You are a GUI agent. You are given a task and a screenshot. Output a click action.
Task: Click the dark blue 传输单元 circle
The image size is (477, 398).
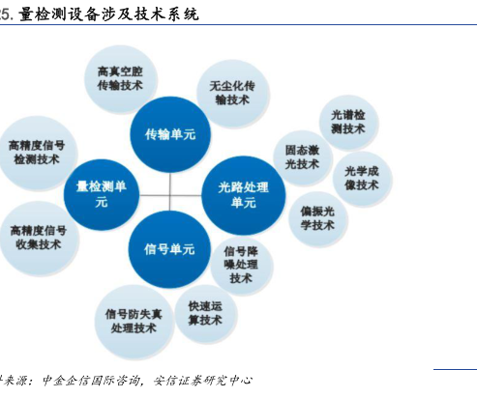pyautogui.click(x=170, y=134)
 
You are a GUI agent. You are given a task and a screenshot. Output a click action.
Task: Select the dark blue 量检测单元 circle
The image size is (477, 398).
pyautogui.click(x=102, y=194)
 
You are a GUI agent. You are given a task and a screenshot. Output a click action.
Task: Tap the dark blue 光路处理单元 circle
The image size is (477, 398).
pyautogui.click(x=244, y=195)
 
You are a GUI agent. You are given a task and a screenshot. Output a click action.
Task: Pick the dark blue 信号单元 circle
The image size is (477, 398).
pyautogui.click(x=169, y=249)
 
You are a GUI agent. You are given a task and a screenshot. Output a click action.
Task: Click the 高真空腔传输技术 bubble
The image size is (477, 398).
pyautogui.click(x=121, y=79)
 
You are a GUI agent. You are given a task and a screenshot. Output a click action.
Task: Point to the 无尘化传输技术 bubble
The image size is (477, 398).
pyautogui.click(x=233, y=94)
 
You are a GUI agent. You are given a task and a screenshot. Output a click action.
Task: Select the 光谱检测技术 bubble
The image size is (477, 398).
pyautogui.click(x=348, y=123)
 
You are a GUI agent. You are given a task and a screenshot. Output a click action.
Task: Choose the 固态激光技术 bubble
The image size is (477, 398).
pyautogui.click(x=303, y=157)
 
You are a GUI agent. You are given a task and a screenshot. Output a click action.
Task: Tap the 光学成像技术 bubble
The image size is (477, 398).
pyautogui.click(x=362, y=179)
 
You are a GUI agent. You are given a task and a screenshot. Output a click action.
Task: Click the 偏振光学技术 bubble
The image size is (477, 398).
pyautogui.click(x=318, y=219)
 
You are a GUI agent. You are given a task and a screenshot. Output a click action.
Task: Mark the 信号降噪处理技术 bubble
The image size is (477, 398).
pyautogui.click(x=242, y=266)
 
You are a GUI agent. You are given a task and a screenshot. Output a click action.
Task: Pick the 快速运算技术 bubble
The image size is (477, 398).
pyautogui.click(x=206, y=314)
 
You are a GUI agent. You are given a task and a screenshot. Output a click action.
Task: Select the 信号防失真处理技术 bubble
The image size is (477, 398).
pyautogui.click(x=134, y=322)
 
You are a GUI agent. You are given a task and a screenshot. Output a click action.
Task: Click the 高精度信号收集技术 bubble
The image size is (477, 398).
pyautogui.click(x=39, y=239)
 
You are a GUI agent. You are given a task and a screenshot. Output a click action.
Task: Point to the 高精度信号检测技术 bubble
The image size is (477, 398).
pyautogui.click(x=38, y=153)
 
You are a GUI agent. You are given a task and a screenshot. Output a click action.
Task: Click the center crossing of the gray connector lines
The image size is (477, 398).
pyautogui.click(x=170, y=195)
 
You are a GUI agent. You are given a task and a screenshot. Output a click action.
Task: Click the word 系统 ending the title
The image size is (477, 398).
pyautogui.click(x=183, y=14)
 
